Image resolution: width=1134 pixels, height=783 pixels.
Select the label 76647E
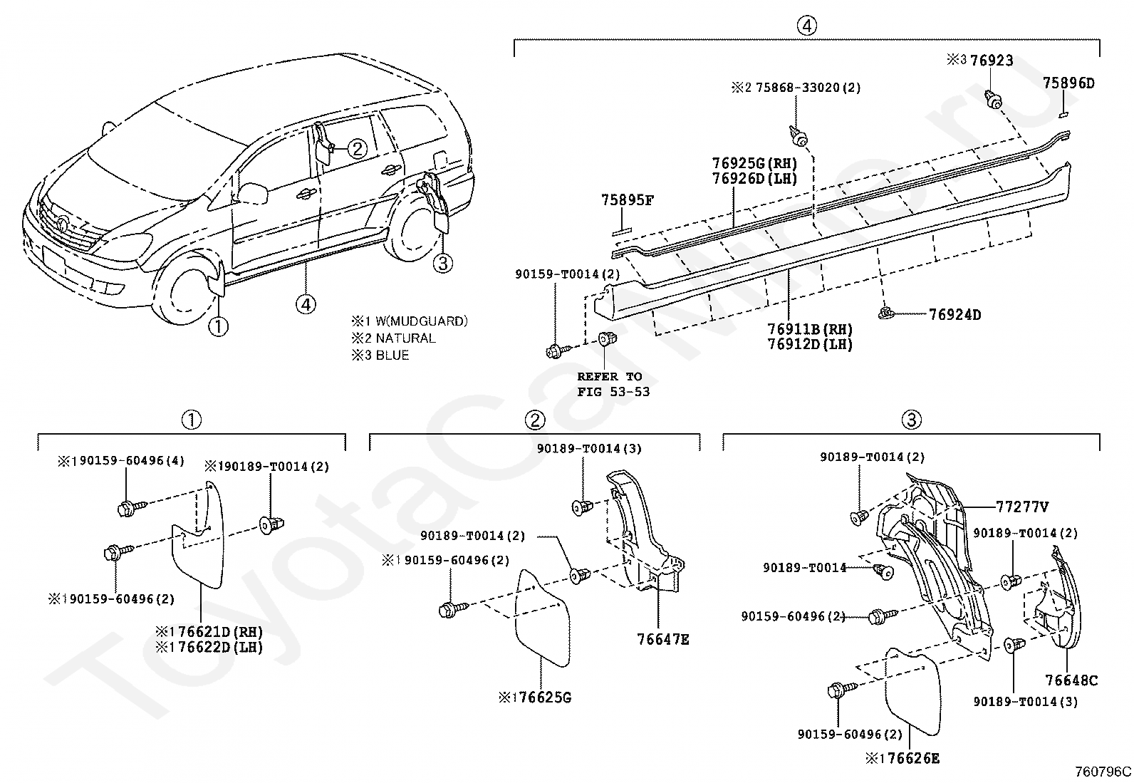(663, 640)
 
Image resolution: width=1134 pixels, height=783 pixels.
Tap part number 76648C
(1071, 681)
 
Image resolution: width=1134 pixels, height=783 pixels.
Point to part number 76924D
(954, 315)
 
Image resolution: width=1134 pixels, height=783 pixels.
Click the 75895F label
(627, 200)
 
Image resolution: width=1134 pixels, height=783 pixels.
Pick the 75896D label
(1068, 83)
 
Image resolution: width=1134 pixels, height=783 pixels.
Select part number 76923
(992, 61)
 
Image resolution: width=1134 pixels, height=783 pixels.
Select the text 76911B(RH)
(810, 330)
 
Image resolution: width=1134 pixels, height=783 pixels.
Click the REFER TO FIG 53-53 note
(613, 384)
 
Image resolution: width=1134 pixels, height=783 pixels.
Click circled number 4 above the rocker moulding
(806, 26)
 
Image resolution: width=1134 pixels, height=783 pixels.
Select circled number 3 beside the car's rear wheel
(442, 264)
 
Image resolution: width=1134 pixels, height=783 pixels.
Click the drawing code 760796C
(1103, 772)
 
